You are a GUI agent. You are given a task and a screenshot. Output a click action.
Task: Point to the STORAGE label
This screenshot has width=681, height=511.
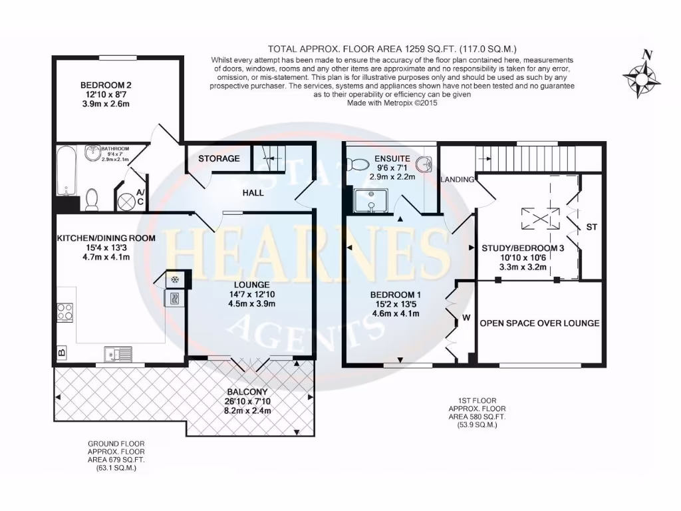pyautogui.click(x=219, y=159)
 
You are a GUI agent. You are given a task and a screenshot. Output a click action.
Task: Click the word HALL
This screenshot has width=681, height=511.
pyautogui.click(x=253, y=193)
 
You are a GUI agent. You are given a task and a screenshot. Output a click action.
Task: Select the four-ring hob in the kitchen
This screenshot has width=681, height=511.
pyautogui.click(x=65, y=312)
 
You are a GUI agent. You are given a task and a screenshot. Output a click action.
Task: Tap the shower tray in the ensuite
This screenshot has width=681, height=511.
pyautogui.click(x=366, y=199)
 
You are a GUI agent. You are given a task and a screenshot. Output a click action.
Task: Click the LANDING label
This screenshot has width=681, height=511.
pyautogui.click(x=458, y=180)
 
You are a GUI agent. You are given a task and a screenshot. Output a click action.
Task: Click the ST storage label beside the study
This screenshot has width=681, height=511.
pyautogui.click(x=592, y=228)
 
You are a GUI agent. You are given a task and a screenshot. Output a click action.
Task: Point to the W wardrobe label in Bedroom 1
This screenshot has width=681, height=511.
pyautogui.click(x=467, y=317)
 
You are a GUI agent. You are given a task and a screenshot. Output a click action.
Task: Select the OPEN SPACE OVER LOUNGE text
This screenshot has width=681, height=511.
pyautogui.click(x=539, y=323)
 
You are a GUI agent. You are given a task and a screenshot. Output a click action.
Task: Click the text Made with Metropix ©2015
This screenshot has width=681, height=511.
pyautogui.click(x=393, y=104)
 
